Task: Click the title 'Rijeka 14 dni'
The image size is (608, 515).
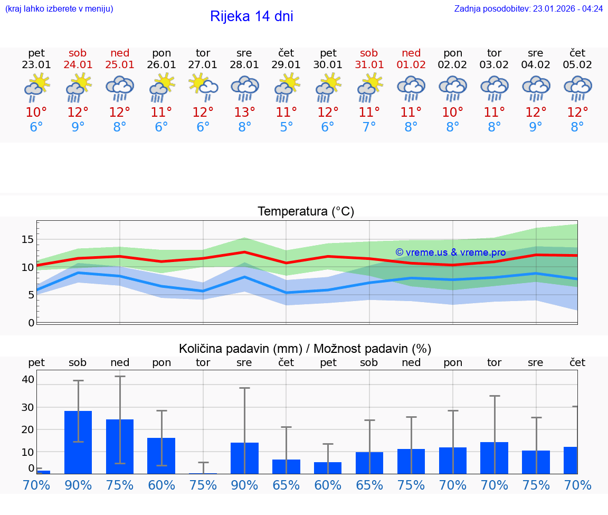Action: [251, 16]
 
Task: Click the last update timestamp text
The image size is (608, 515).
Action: [528, 8]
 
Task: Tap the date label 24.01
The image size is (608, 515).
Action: [78, 65]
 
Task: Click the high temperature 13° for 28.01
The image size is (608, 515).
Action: [244, 112]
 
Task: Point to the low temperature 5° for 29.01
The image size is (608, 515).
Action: [286, 127]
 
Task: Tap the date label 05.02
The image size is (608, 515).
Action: [577, 65]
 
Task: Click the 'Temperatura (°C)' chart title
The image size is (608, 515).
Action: [306, 211]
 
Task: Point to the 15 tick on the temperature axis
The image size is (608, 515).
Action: [27, 240]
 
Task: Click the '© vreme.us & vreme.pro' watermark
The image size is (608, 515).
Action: [450, 252]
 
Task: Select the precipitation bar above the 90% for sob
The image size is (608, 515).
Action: [78, 442]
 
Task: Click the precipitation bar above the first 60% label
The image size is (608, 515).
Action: [161, 455]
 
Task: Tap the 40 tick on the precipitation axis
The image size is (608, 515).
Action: [28, 379]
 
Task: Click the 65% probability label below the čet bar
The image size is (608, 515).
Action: [286, 485]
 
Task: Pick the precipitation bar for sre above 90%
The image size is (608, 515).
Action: [244, 458]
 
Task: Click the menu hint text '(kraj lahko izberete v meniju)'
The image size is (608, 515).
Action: [59, 8]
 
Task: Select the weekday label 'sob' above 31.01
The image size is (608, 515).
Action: [369, 53]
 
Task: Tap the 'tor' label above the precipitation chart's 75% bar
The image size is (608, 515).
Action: [203, 362]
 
